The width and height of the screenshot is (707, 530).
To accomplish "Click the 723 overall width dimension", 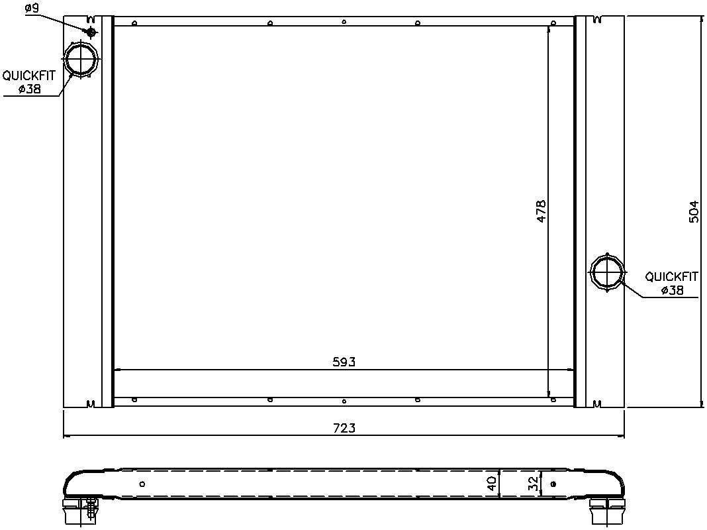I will (x=344, y=428).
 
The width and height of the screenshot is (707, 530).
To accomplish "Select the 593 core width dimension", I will (x=344, y=362).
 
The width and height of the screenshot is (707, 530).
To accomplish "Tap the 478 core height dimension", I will (x=541, y=210).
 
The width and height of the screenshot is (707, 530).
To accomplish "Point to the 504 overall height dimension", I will (x=694, y=211).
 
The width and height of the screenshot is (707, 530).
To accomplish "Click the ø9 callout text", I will (x=31, y=9).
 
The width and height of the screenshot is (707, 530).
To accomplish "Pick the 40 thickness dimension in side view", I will (x=491, y=483).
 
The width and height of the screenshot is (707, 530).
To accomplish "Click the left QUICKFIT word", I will (x=29, y=76).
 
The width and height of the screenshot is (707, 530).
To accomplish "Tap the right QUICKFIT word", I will (x=672, y=276).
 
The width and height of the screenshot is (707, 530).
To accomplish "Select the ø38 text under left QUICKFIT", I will (x=30, y=89).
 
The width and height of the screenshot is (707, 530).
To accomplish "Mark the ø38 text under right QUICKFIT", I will (x=672, y=290).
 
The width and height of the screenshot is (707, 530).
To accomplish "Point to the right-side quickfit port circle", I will (x=607, y=272).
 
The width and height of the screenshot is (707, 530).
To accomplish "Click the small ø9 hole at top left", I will (x=91, y=32).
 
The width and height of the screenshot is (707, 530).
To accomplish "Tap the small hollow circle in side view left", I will (x=142, y=484).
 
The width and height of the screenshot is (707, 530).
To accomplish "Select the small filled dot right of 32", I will (x=553, y=484).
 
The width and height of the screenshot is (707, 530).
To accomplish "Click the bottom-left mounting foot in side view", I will (x=81, y=511).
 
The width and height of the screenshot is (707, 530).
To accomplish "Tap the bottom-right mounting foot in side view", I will (x=606, y=511).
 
